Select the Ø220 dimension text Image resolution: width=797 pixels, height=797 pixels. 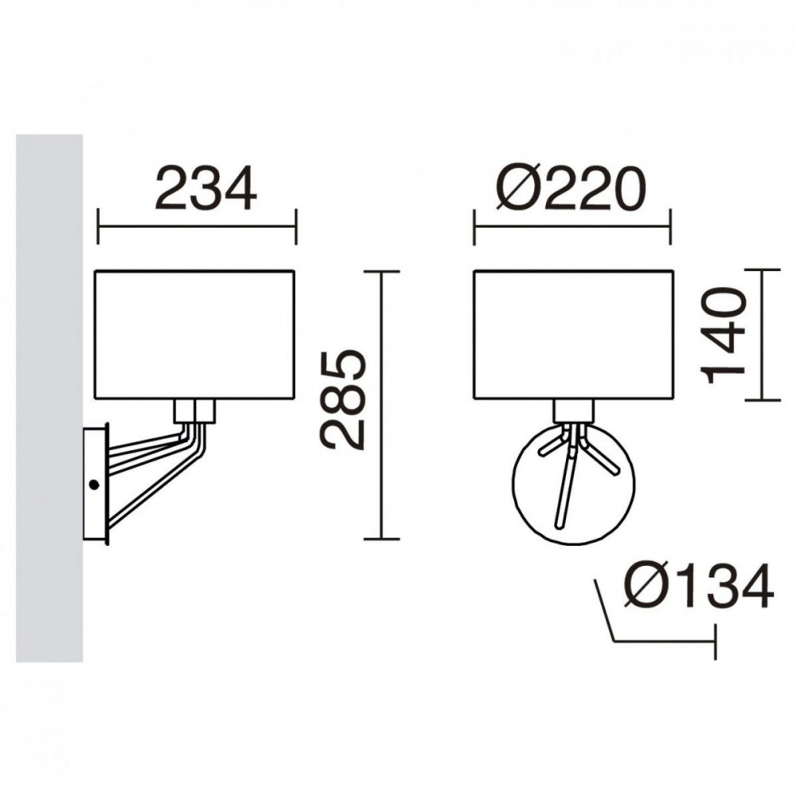click(x=571, y=189)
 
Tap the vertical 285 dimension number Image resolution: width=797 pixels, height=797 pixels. click(x=343, y=399)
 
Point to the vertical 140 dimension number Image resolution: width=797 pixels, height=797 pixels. click(x=724, y=336)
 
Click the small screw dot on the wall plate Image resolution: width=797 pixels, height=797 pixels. click(x=93, y=485)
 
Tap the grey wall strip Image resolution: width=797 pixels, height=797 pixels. click(x=49, y=398)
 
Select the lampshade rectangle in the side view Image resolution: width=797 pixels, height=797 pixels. click(x=194, y=335)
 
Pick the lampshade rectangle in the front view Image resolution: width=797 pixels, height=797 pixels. click(x=573, y=335)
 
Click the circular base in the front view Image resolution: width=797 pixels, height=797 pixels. click(x=512, y=483)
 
